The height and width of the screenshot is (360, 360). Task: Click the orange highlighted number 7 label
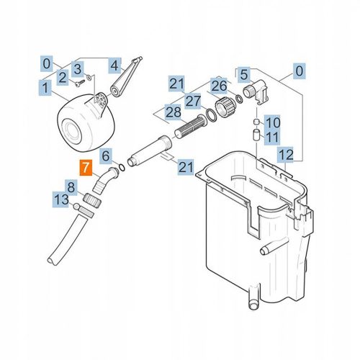click(x=85, y=170)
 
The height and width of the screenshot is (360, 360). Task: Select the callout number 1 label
click(x=45, y=89)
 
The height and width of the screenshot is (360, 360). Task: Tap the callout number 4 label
click(x=114, y=66)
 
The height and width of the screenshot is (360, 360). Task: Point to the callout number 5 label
click(x=243, y=73)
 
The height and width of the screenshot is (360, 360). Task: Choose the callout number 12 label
click(x=285, y=153)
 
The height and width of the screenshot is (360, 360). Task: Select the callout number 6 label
click(x=105, y=156)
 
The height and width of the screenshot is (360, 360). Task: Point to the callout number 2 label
click(x=63, y=76)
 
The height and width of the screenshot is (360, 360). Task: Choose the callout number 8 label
click(x=72, y=186)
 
